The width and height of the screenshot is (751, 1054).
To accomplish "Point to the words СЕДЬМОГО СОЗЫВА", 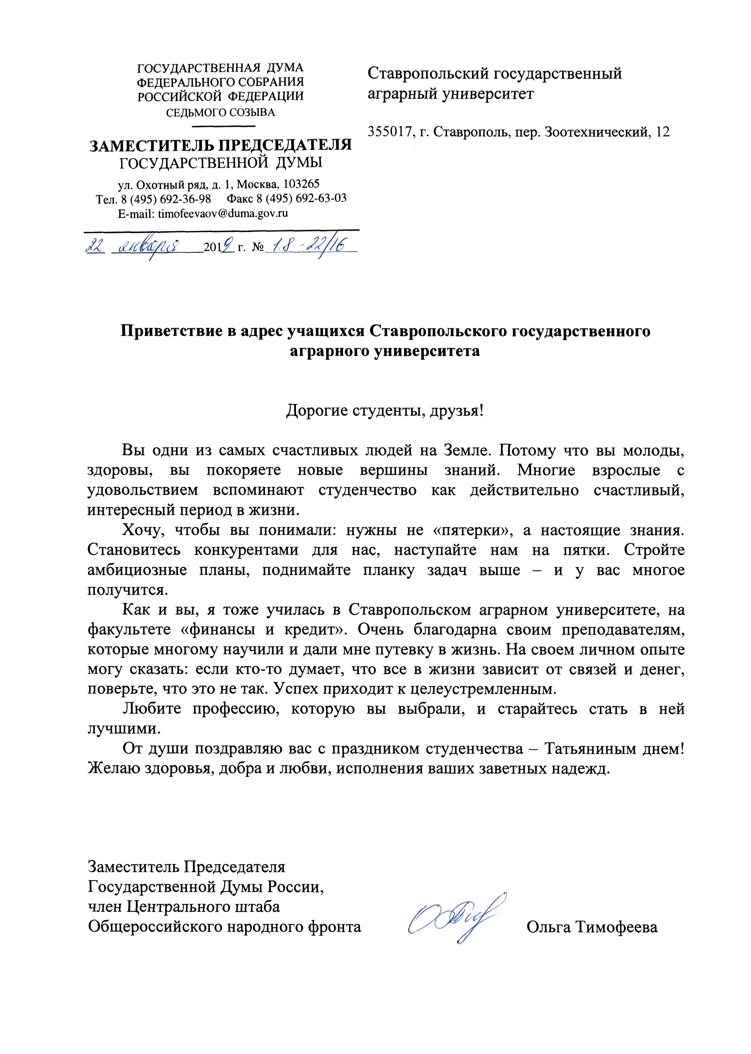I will tap(221, 112).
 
